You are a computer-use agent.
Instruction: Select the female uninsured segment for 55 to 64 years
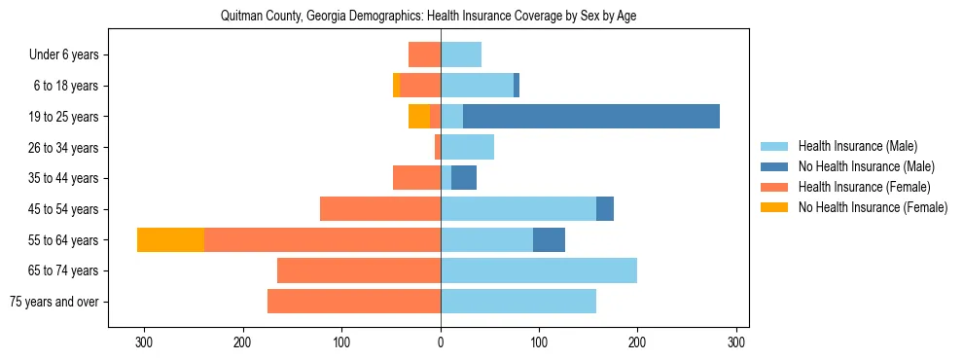170,239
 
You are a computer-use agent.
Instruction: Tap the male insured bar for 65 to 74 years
539,270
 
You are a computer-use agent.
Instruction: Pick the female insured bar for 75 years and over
354,302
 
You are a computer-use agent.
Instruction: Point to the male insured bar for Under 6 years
461,54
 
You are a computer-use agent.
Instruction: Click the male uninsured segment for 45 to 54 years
605,209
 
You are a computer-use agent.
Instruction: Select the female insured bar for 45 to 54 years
380,209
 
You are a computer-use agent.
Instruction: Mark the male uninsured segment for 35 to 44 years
464,178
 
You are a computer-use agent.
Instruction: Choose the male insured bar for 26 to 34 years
468,147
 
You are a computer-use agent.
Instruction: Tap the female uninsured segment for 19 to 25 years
419,117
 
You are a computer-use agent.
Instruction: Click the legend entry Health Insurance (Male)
857,146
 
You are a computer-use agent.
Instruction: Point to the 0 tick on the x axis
441,342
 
